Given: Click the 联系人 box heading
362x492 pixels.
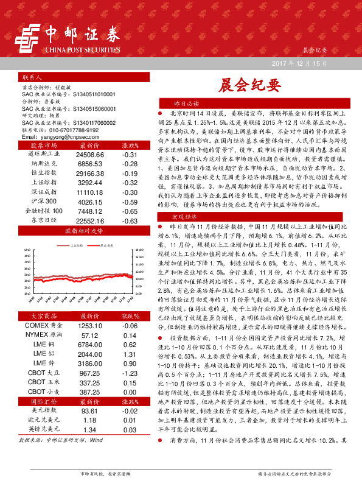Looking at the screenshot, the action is pos(31,79).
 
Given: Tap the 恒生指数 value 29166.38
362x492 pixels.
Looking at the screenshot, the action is pos(90,174).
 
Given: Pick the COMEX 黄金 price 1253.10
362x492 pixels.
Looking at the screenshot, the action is pos(90,326).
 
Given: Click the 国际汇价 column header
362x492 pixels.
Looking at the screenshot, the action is pos(42,402).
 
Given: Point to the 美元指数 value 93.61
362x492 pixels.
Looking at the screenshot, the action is pos(90,412).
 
